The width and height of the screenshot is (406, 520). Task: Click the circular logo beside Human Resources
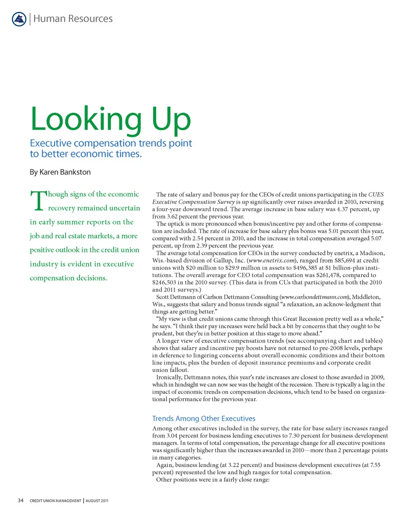19,19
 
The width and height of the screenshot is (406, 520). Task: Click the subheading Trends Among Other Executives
203,418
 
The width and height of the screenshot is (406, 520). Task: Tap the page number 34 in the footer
20,501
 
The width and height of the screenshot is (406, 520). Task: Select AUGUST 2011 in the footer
97,501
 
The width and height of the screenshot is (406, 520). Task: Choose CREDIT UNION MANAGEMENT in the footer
55,501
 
